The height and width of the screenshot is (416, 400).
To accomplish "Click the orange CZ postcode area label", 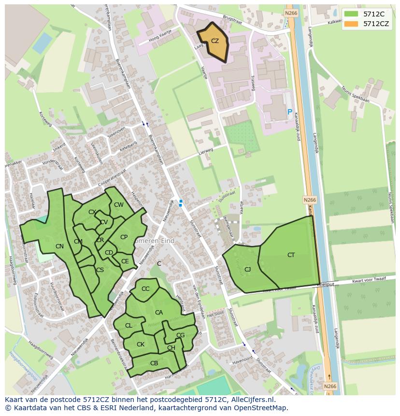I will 215,41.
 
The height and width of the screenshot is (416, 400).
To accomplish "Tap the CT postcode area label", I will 291,255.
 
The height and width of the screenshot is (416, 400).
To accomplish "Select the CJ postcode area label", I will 247,270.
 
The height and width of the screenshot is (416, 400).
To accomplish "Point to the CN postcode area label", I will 59,246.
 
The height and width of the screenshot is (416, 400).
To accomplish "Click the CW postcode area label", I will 119,205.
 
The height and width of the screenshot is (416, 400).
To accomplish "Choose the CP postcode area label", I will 124,237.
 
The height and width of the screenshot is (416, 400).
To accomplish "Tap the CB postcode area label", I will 154,363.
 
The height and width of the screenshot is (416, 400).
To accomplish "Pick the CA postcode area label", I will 159,313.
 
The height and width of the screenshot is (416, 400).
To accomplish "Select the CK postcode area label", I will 141,344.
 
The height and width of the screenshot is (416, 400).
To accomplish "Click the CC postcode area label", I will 145,289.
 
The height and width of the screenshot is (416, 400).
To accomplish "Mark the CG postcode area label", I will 180,335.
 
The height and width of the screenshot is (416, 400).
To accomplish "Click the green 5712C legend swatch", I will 351,14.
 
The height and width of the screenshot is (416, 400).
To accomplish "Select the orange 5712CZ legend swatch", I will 351,23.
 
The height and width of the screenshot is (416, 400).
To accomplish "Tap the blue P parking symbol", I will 289,112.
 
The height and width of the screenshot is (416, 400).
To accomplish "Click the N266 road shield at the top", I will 290,14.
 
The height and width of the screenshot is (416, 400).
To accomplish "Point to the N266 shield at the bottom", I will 329,386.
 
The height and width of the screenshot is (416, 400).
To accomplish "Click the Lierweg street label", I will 205,152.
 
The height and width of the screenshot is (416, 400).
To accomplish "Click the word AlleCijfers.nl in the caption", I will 250,400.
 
